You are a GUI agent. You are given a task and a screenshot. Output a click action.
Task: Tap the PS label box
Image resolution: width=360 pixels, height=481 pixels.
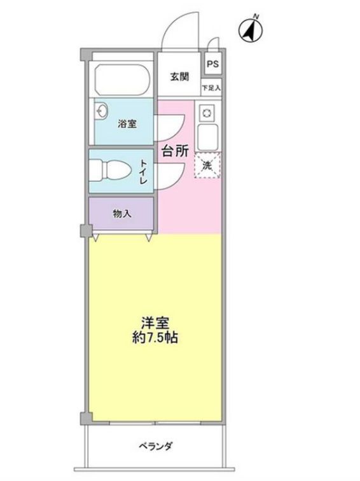pos(212,64)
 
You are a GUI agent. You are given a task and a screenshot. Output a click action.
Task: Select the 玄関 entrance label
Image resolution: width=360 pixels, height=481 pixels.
pos(179,77)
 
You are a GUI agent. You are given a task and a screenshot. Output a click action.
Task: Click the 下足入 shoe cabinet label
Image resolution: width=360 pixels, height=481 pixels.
pos(211,87)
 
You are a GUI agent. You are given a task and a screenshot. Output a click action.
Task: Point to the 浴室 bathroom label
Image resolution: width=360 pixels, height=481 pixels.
pos(127,123)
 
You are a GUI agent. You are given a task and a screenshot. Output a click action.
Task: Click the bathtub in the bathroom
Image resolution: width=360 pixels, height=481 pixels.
pos(122,80)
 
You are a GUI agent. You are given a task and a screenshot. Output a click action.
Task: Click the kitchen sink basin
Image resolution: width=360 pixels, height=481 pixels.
pos(208,136)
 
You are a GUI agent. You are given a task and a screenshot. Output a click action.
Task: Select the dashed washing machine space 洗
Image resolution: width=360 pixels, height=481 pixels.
pos(207,165)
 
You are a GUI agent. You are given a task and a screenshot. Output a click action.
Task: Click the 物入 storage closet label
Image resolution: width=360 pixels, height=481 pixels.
pos(121,214)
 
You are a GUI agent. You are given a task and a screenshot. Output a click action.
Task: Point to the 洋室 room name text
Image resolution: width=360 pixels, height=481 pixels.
pos(154,323)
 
